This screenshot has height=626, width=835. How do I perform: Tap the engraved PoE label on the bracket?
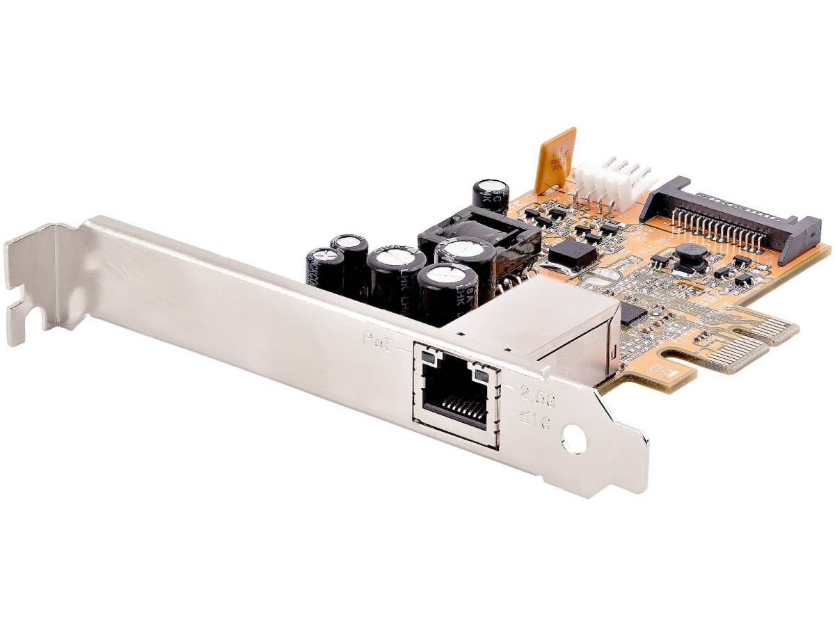tap(379, 339)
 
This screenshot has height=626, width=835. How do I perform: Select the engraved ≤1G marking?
tap(536, 419)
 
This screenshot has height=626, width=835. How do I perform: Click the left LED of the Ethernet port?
tap(429, 359)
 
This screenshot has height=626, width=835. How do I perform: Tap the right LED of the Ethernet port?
tap(480, 376)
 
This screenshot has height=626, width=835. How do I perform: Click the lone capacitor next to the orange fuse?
tap(491, 194)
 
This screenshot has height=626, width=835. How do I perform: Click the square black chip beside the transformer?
tap(572, 254)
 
